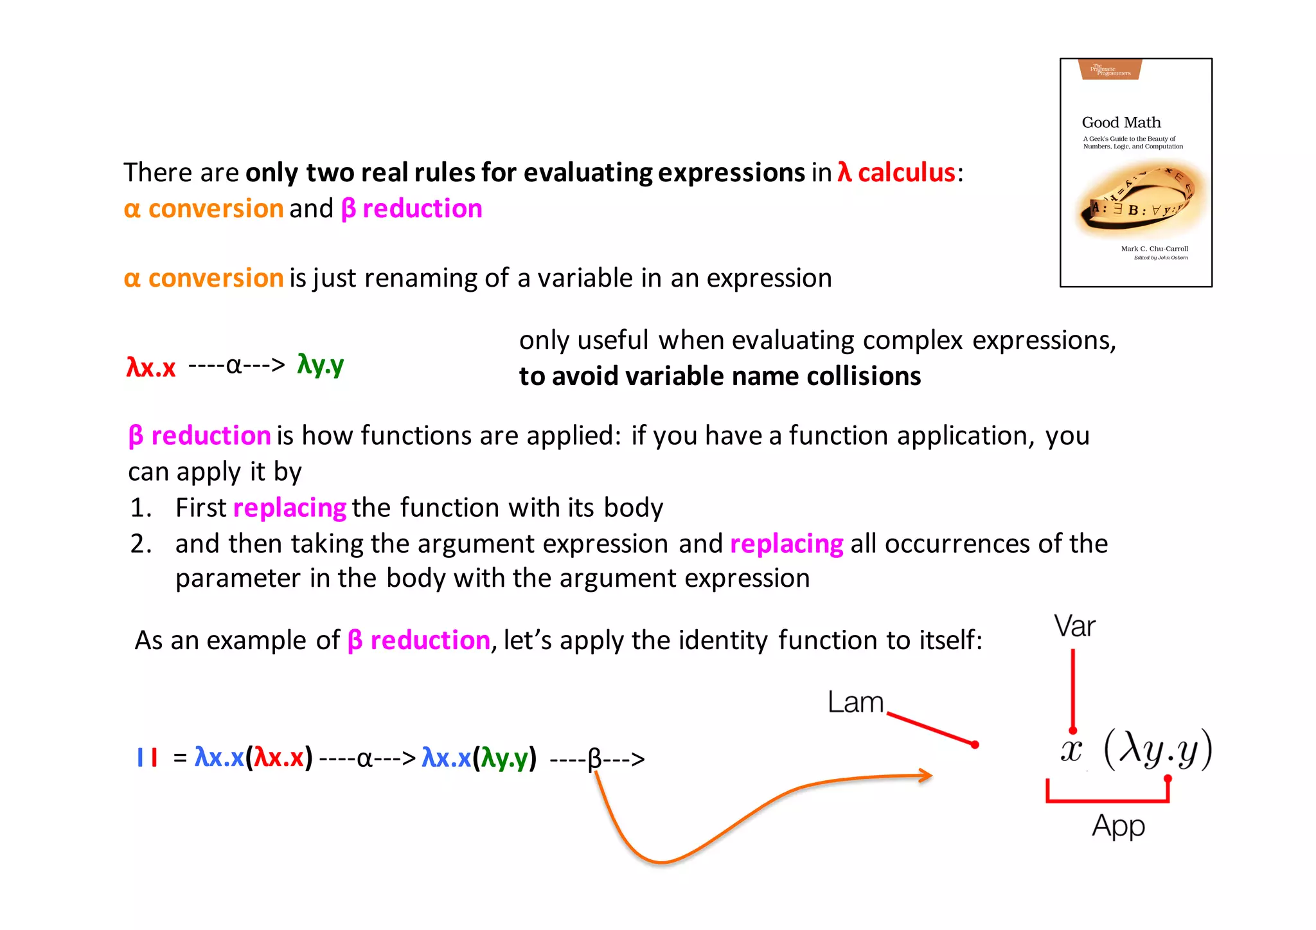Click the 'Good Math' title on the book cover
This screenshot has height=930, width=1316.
click(x=1121, y=122)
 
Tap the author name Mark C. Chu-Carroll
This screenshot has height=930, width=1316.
click(x=1154, y=249)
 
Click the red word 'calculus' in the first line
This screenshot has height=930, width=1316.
click(x=906, y=172)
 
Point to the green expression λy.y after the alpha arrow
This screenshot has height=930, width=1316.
click(x=320, y=364)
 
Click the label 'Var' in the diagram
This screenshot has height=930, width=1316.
click(x=1074, y=626)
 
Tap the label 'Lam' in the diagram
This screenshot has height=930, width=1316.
click(x=855, y=702)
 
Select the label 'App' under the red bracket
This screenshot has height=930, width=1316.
click(x=1118, y=826)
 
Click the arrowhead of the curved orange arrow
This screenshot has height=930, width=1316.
click(x=926, y=776)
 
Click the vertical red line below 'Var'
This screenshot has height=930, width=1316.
click(x=1072, y=688)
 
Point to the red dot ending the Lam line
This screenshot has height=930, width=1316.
click(x=975, y=745)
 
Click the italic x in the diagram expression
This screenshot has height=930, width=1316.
click(x=1071, y=749)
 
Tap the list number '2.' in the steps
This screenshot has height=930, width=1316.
click(x=141, y=544)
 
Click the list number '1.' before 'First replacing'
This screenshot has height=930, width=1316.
click(x=141, y=508)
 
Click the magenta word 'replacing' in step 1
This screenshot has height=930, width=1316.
click(x=290, y=508)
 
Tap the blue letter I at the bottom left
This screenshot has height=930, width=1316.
click(x=139, y=758)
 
